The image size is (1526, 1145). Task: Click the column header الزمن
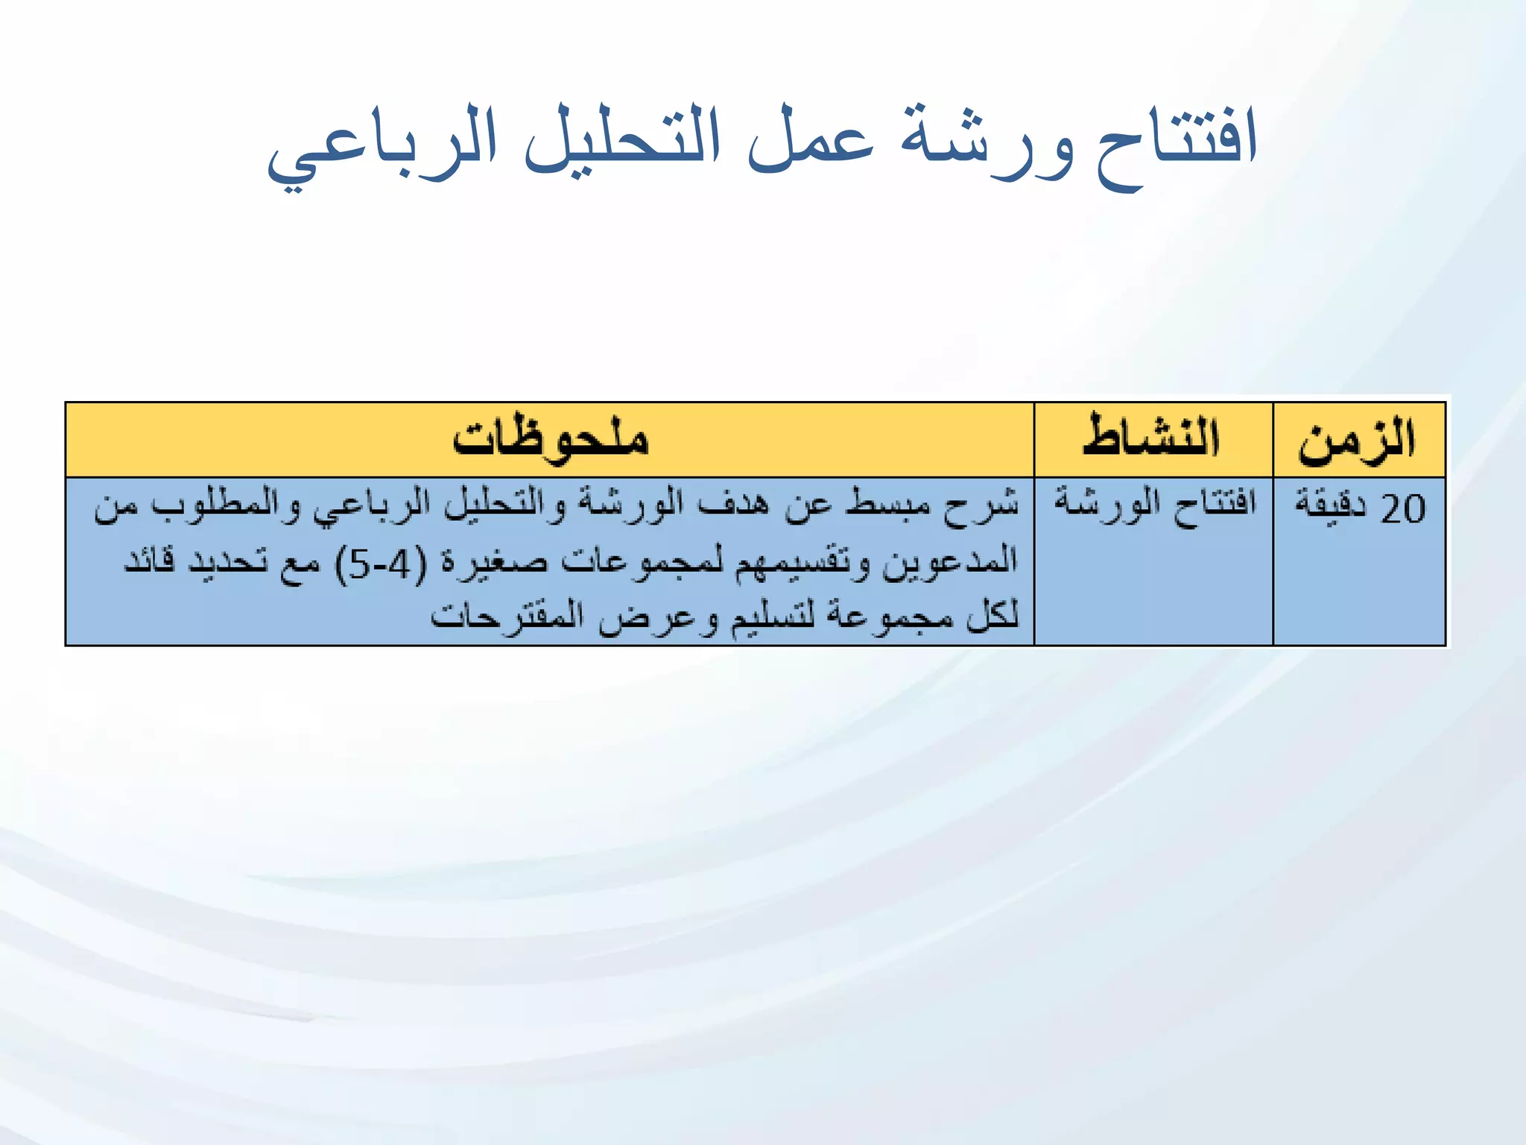pyautogui.click(x=1357, y=440)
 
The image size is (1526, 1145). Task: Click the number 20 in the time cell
pyautogui.click(x=1403, y=509)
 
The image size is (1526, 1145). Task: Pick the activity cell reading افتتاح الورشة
pyautogui.click(x=1154, y=504)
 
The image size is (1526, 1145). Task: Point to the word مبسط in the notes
pyautogui.click(x=888, y=505)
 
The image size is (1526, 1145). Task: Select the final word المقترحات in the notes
pyautogui.click(x=507, y=617)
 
